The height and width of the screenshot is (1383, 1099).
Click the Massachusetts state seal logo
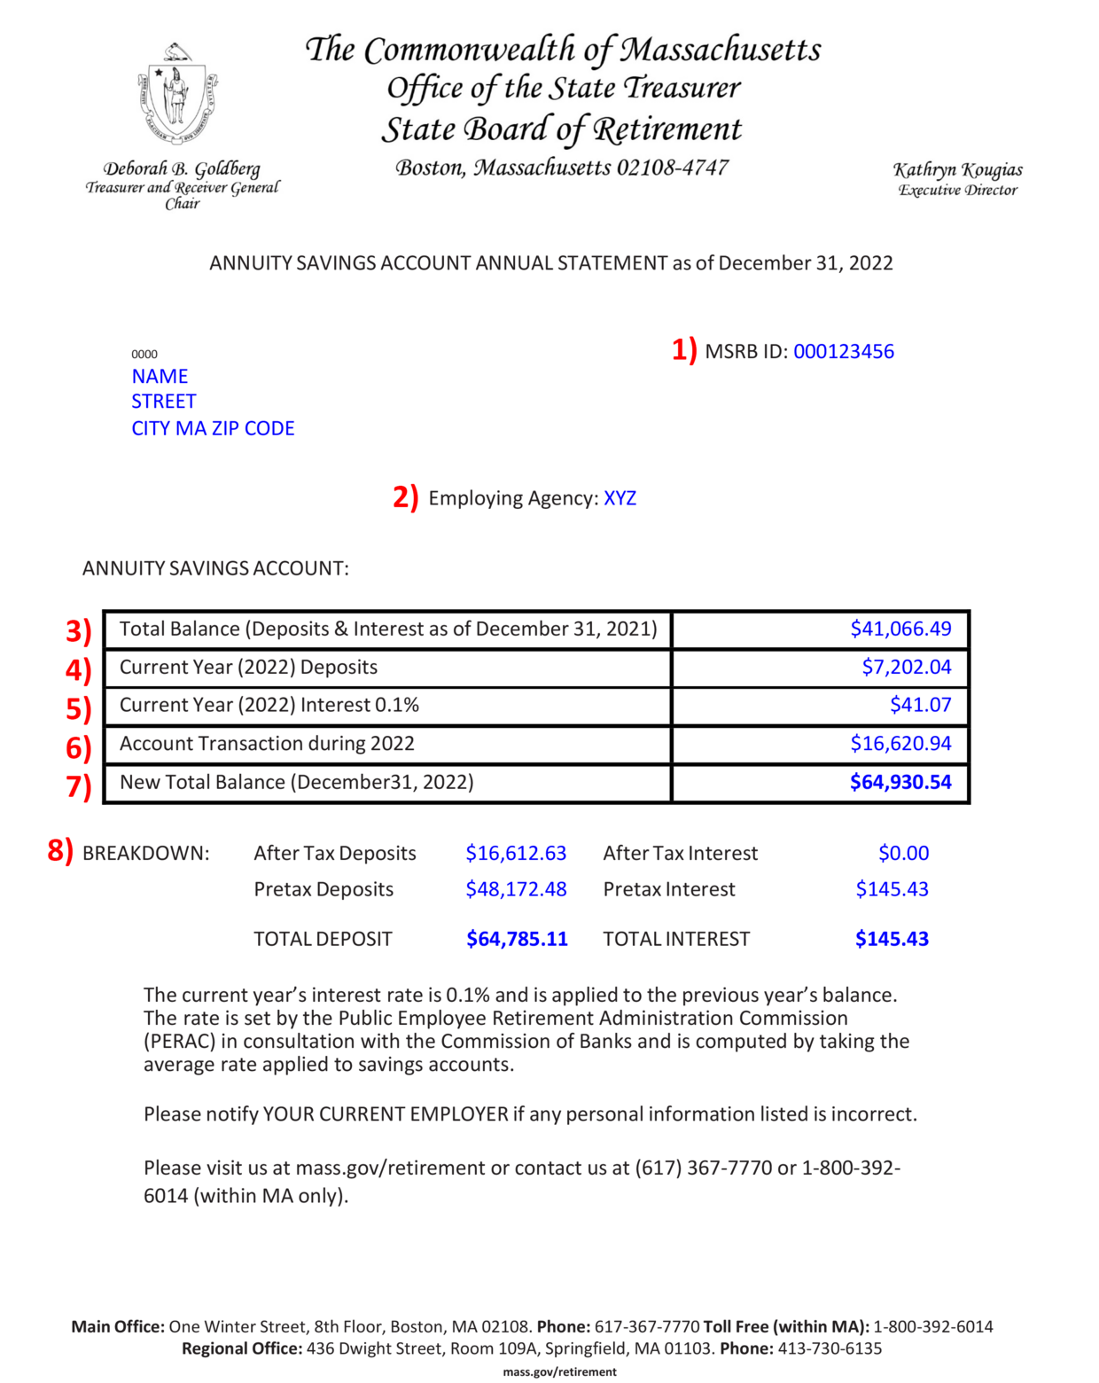coord(177,93)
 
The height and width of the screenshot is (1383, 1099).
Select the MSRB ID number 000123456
coord(843,352)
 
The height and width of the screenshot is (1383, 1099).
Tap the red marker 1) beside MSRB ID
coord(684,350)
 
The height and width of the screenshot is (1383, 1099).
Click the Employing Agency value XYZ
coord(620,498)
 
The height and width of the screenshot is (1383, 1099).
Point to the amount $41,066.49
coord(900,629)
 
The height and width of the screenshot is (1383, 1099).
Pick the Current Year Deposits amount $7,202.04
coord(907,668)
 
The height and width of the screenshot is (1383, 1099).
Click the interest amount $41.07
coord(920,706)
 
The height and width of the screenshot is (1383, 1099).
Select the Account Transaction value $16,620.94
coord(900,744)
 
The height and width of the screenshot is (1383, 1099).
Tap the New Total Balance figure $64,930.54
coord(900,783)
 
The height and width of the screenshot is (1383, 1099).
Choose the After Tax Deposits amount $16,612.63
coord(516,854)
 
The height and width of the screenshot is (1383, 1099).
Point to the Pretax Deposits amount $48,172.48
coord(516,889)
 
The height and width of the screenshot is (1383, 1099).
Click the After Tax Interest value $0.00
coord(903,854)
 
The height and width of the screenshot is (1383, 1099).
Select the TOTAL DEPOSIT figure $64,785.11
coord(517,940)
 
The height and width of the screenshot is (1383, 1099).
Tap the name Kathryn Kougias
coord(957,170)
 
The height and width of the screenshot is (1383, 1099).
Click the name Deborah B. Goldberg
coord(182,169)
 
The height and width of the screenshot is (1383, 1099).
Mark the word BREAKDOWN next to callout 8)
coord(146,854)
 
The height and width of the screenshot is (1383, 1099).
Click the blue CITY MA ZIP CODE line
coord(213,429)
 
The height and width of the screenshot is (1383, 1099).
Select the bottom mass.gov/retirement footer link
coord(559,1372)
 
